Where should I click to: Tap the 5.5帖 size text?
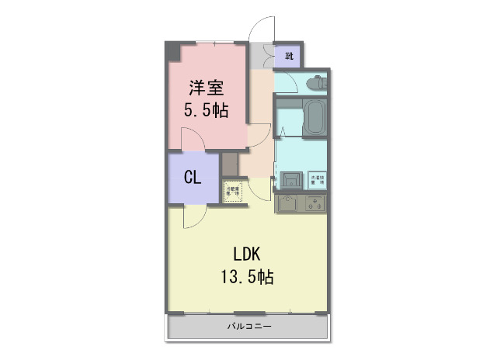click(x=205, y=110)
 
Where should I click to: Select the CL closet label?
click(x=193, y=178)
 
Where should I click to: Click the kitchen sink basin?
click(x=287, y=204)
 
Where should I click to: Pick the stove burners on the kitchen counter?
click(x=314, y=204)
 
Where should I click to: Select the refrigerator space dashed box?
click(x=233, y=190)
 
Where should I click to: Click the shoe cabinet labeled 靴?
click(x=290, y=55)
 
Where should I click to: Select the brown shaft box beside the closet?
click(x=230, y=164)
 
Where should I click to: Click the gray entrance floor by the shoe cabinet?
click(x=262, y=57)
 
